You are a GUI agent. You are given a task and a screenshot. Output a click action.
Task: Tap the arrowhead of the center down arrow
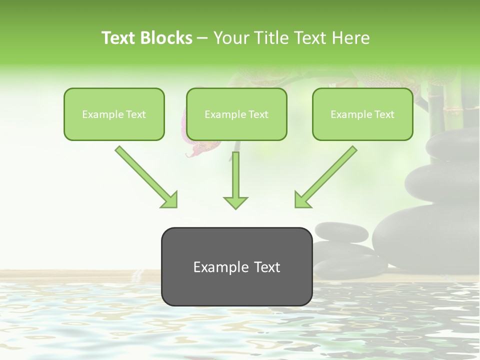click(235, 202)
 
